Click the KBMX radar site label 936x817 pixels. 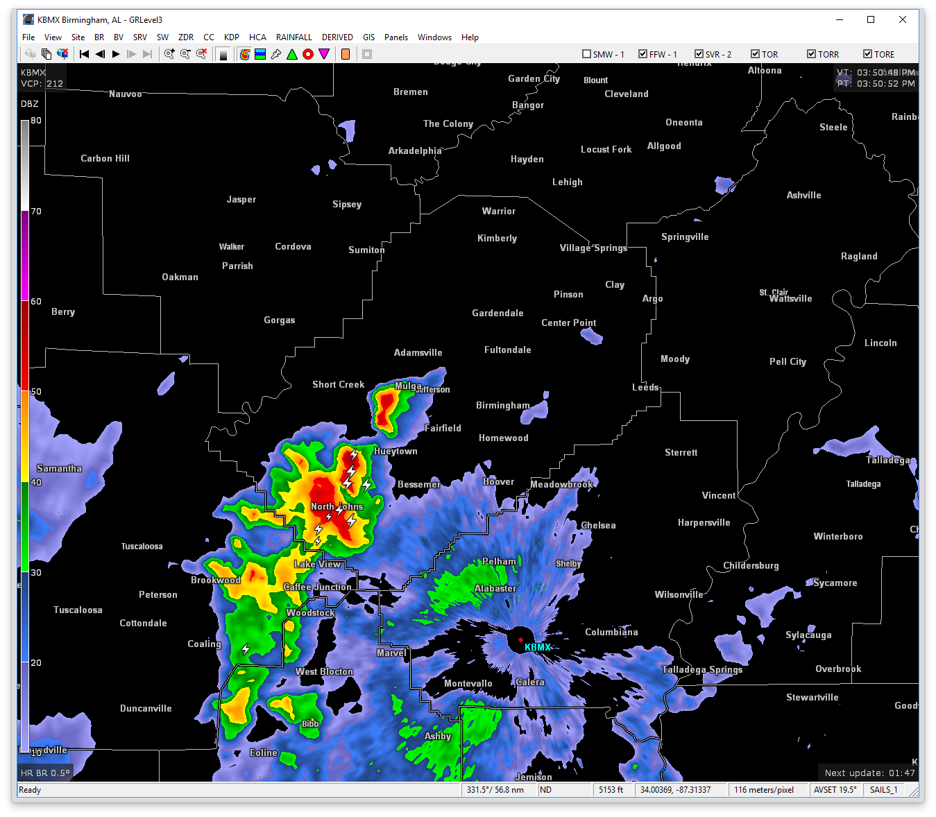538,647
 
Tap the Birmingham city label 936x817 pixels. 502,405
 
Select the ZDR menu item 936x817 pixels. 185,37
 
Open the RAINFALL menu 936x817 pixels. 293,37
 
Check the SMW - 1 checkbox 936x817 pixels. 587,54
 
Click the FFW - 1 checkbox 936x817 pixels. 643,54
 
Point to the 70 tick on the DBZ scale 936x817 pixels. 36,212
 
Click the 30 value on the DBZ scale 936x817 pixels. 36,572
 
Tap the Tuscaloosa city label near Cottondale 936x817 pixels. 78,610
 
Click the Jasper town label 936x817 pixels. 241,200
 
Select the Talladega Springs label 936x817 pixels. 701,669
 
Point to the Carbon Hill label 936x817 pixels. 105,158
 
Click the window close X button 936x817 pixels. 902,19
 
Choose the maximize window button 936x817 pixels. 871,19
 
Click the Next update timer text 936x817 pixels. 869,773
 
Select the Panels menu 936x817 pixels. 396,37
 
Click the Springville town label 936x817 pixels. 685,237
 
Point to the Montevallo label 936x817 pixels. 468,683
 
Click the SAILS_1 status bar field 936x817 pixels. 883,790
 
